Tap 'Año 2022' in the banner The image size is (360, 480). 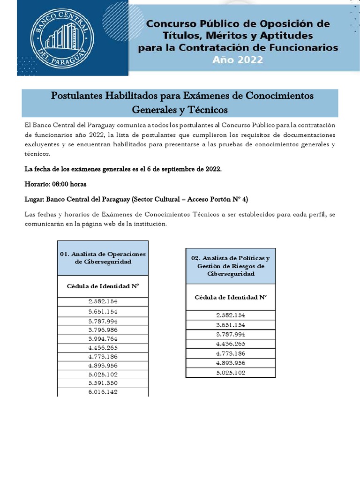(x=238, y=60)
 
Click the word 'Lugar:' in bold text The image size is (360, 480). (x=34, y=199)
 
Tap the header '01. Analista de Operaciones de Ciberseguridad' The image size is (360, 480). (x=103, y=258)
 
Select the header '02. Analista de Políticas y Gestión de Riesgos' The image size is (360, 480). (x=231, y=266)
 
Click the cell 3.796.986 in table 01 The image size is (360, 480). (x=103, y=330)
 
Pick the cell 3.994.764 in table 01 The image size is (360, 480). (x=103, y=338)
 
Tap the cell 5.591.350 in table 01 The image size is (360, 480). (x=103, y=383)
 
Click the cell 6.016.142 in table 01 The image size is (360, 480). (x=103, y=392)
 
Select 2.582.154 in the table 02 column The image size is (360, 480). (x=231, y=315)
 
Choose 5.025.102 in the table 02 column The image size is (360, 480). (x=231, y=373)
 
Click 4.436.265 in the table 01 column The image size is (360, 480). (x=103, y=347)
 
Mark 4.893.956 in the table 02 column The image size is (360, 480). (x=231, y=363)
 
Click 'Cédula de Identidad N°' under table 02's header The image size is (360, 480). (x=231, y=297)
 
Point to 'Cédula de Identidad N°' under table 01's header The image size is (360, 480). (x=103, y=285)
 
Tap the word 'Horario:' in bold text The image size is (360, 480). (x=38, y=184)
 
